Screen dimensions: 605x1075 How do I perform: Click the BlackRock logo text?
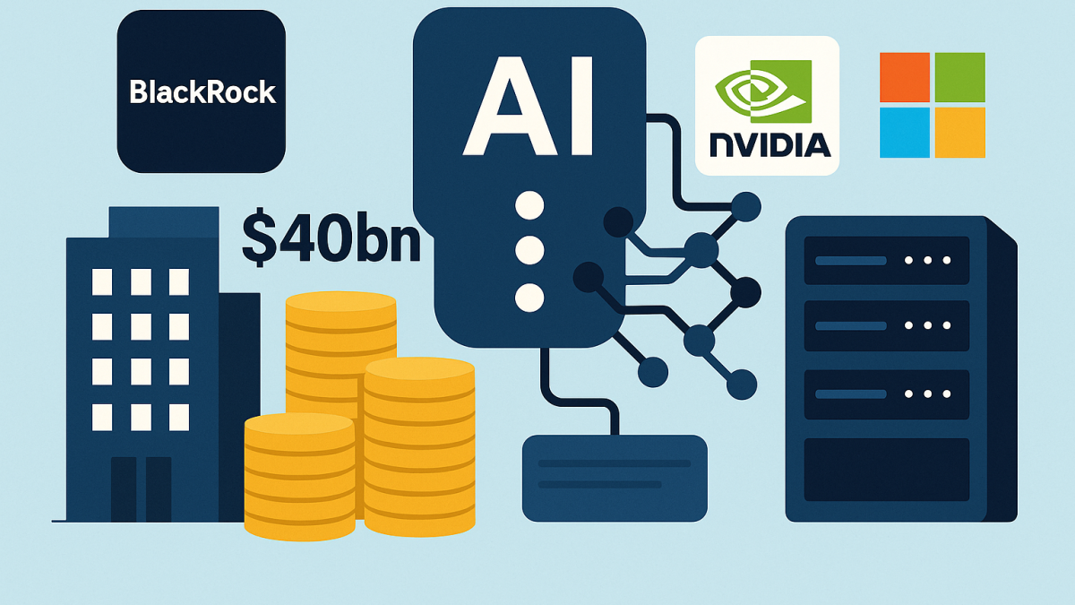[x=202, y=92]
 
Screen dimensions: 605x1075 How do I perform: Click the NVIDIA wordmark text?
[x=768, y=144]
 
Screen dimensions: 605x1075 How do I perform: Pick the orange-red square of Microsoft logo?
[x=904, y=77]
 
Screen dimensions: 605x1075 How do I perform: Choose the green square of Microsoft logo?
[x=959, y=77]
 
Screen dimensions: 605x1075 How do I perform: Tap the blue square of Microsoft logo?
[x=904, y=133]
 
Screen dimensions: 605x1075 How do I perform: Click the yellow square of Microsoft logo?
[x=959, y=133]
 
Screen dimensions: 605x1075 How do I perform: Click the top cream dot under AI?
[x=530, y=205]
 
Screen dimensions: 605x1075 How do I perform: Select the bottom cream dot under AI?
[x=530, y=297]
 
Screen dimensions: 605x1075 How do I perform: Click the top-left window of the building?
[x=102, y=282]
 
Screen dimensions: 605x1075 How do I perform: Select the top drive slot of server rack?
[x=886, y=260]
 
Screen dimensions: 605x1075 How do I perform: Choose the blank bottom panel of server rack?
[x=886, y=469]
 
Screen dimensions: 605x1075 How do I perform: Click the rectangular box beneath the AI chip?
[x=615, y=477]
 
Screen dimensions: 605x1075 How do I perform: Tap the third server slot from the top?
[x=886, y=393]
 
